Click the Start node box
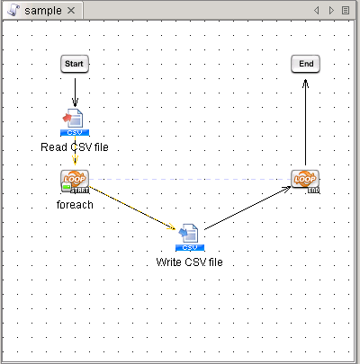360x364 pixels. click(x=75, y=64)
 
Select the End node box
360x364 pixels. click(x=306, y=64)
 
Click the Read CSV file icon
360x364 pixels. click(x=75, y=122)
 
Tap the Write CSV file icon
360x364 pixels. click(x=190, y=237)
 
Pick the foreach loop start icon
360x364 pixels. click(x=75, y=181)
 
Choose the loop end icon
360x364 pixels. click(x=306, y=181)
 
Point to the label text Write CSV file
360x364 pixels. click(x=190, y=262)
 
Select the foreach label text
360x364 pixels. click(x=75, y=204)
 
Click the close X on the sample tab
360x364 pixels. click(x=72, y=10)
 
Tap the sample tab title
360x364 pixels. click(x=43, y=10)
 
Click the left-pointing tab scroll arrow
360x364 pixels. click(x=317, y=10)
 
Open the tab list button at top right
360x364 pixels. click(x=346, y=10)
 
